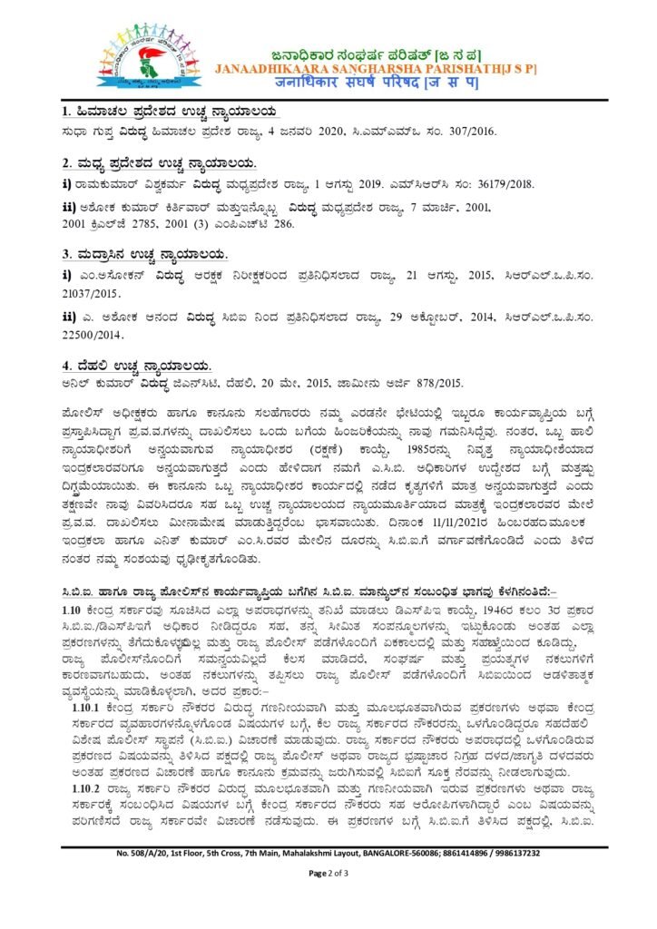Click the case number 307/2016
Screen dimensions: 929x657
pyautogui.click(x=468, y=132)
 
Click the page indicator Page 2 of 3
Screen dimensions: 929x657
pyautogui.click(x=328, y=873)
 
